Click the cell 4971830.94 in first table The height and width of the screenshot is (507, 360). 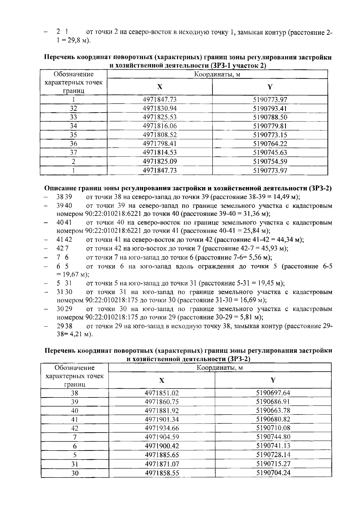(160, 108)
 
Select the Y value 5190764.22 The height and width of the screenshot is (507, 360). (270, 143)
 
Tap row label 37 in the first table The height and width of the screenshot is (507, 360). (73, 152)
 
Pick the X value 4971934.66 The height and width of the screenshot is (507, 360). (162, 428)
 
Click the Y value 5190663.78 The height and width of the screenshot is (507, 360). (273, 410)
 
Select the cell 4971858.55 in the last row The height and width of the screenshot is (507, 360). (162, 473)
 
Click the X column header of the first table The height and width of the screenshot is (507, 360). (160, 87)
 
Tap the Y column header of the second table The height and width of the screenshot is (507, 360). (273, 380)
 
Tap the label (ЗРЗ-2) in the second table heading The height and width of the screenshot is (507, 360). (239, 359)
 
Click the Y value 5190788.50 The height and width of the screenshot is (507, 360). (270, 117)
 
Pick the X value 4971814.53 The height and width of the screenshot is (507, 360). (160, 152)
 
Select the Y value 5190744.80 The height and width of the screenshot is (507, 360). (273, 437)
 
